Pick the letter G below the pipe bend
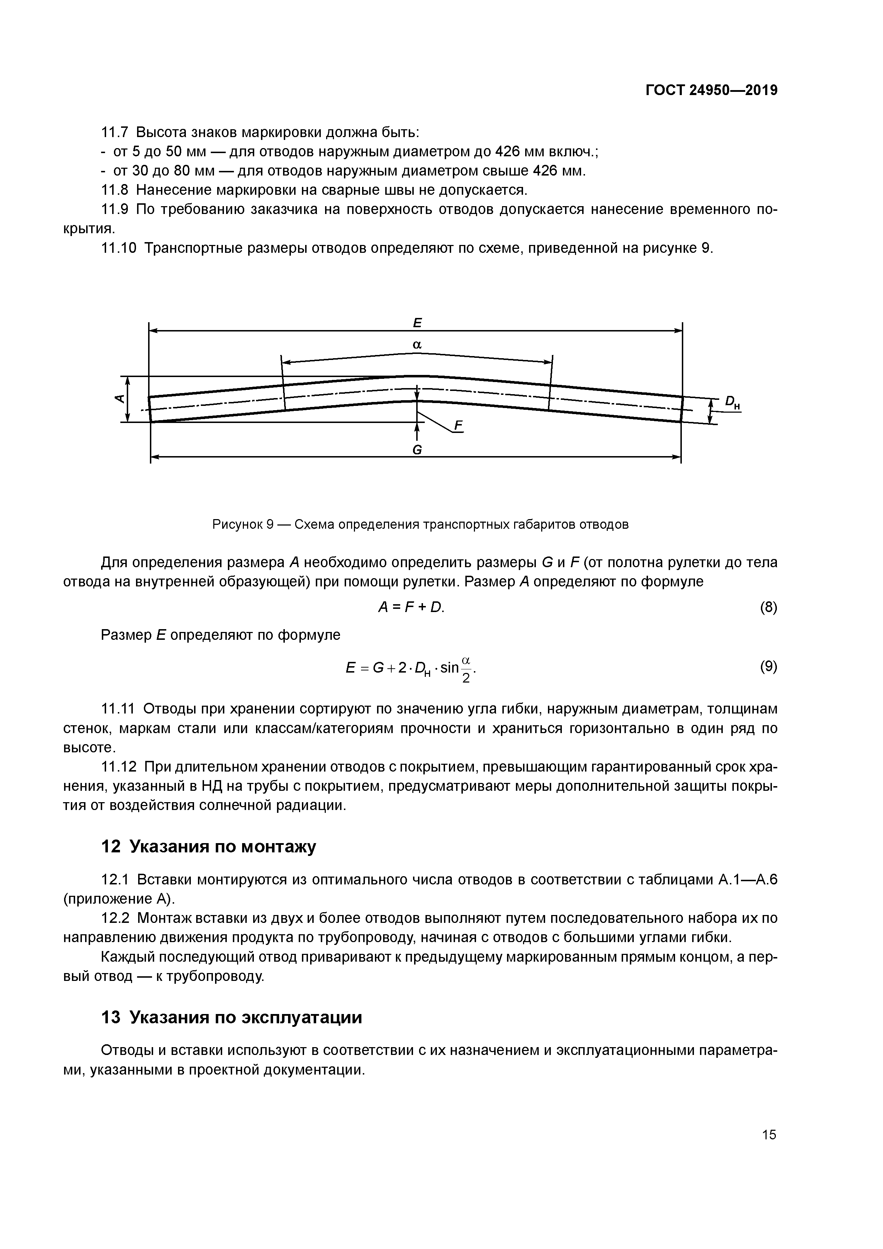[417, 450]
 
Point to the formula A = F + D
[411, 608]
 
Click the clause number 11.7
[114, 132]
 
